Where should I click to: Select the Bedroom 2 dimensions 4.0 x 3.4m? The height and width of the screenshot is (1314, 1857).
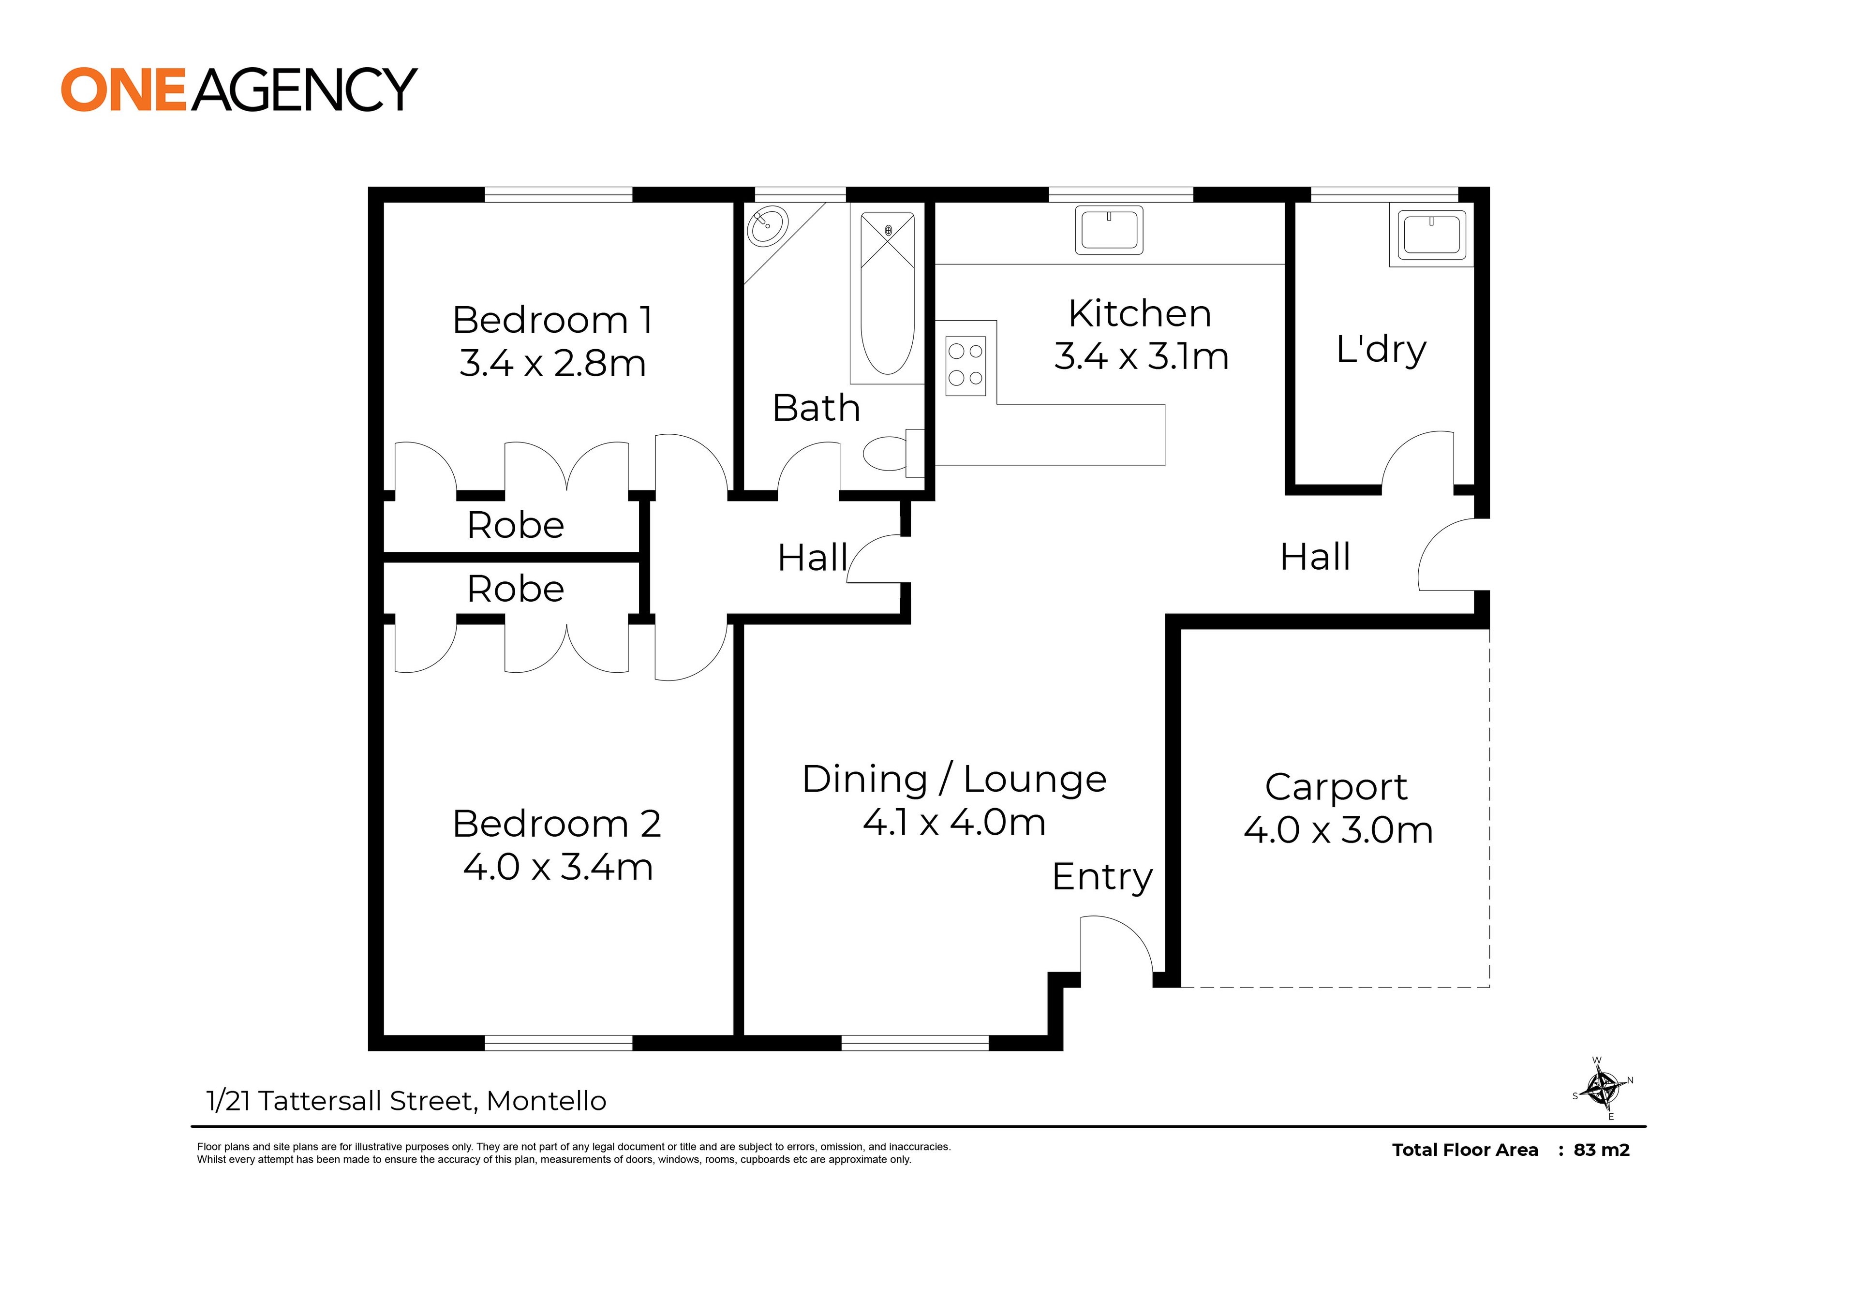tap(558, 867)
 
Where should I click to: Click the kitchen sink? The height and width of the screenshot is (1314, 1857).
tap(1109, 230)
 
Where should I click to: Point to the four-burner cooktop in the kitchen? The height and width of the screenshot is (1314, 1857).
tap(966, 366)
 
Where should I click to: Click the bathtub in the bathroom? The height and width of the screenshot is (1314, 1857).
tap(887, 293)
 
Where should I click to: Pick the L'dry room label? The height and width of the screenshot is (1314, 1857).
tap(1381, 350)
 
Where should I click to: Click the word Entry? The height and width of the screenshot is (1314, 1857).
tap(1102, 878)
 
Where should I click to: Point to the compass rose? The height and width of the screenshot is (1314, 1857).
tap(1602, 1088)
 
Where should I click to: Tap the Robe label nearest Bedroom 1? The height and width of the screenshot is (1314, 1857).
tap(516, 525)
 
